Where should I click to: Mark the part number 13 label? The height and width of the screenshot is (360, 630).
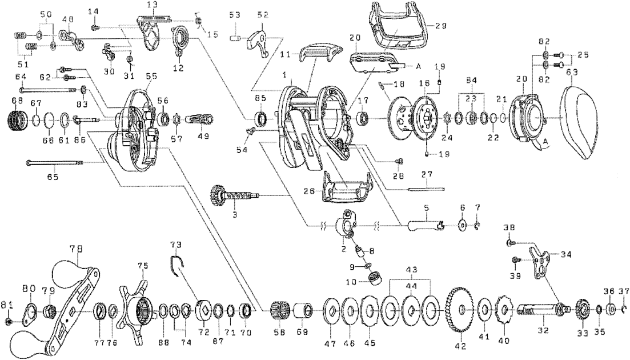click(151, 5)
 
